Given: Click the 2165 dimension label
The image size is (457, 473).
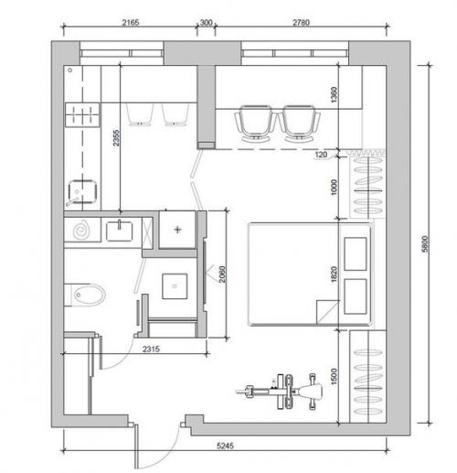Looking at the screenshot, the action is point(131,22).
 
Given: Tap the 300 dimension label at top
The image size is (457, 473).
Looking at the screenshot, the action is point(206,23).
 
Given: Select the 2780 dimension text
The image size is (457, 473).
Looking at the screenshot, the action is point(301,23).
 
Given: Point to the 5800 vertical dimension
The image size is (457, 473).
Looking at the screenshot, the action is point(425,243).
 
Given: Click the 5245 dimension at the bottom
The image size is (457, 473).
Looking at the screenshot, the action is point(225,446).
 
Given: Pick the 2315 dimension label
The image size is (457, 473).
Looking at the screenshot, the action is point(151,349).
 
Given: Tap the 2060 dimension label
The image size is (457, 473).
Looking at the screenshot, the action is point(222,274).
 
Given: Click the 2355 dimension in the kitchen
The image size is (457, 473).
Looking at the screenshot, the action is point(116,138).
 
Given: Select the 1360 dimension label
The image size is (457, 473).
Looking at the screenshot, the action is point(334,94).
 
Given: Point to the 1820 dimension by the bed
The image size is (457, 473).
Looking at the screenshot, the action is point(334,274).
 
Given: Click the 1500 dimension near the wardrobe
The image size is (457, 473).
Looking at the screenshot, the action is point(334,376).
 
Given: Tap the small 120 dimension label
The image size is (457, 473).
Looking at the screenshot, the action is point(321,155).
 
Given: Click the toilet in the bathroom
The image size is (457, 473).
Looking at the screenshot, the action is point(85,295).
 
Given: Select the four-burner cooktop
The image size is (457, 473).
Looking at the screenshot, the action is point(82,114).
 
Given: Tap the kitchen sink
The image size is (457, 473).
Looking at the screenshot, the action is point(82,192).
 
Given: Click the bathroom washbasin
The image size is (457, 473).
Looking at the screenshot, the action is point(120,231).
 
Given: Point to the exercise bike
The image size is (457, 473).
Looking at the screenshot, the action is point(280,391).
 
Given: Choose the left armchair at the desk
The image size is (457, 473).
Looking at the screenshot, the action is point(255,124).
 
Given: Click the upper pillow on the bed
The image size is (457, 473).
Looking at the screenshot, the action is point(356,254).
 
